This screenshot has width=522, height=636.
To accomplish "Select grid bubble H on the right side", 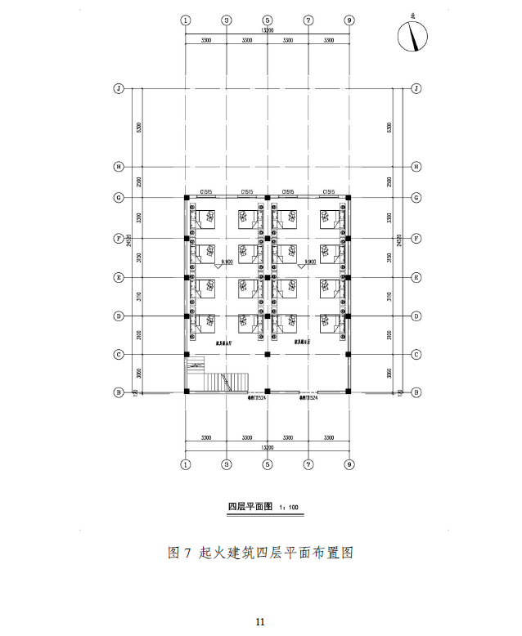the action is coord(416,166).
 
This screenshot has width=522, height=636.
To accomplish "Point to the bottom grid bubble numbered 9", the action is coord(349,464).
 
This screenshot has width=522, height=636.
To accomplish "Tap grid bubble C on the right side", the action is coord(416,354).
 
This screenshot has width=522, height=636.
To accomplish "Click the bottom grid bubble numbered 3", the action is coord(227,464).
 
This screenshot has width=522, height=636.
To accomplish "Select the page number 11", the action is coord(260,622).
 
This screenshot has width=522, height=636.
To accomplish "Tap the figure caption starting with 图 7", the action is coord(260,553).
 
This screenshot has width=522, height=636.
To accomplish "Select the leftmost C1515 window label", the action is coord(206,192).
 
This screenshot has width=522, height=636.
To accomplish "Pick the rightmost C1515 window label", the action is coord(329,192).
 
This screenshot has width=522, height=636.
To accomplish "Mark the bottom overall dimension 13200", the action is coord(268,448).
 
